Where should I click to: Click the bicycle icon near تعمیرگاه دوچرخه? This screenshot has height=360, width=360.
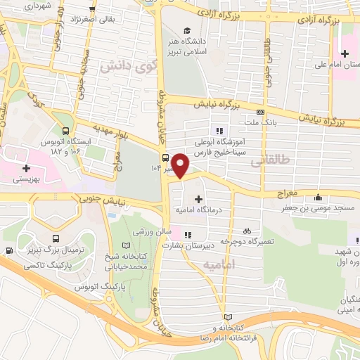tap(246, 230)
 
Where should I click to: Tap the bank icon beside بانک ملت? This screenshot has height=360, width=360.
tap(260, 112)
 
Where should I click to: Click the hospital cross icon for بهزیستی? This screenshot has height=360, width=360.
tap(26, 168)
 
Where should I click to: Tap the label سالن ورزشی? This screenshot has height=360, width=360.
tap(148, 231)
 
